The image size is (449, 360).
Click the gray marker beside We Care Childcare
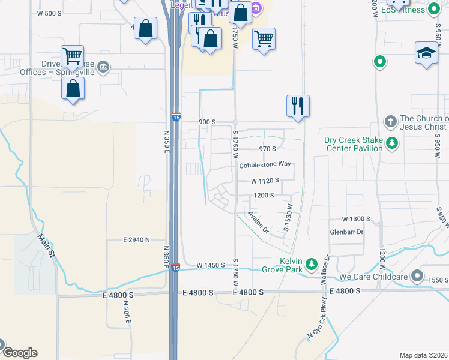tap(417, 277)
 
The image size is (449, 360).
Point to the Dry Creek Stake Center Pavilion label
tap(353, 144)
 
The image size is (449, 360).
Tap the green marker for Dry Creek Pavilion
tap(392, 143)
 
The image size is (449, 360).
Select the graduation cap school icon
tap(426, 53)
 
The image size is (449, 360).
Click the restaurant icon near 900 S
tap(298, 106)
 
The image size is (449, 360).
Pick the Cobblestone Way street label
tap(265, 164)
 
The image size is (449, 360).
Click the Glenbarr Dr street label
tap(347, 232)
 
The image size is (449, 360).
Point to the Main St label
tap(46, 246)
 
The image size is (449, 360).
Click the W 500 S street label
tap(49, 13)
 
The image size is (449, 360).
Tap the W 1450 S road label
tap(210, 265)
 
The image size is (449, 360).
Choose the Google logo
tap(19, 353)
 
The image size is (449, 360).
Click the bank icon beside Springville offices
tap(104, 65)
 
